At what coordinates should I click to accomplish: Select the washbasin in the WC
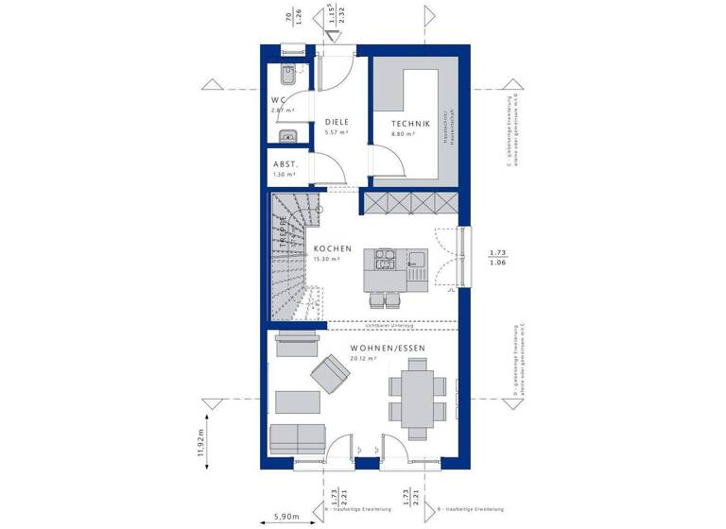[x=289, y=136]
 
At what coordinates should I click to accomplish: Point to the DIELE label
[x=337, y=122]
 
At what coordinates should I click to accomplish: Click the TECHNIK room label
[x=412, y=124]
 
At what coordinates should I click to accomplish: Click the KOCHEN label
[x=333, y=249]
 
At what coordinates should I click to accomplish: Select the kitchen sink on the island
[x=417, y=258]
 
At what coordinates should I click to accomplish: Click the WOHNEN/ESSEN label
[x=388, y=349]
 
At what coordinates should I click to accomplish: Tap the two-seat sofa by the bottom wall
[x=298, y=439]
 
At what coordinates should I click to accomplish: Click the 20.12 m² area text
[x=363, y=359]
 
